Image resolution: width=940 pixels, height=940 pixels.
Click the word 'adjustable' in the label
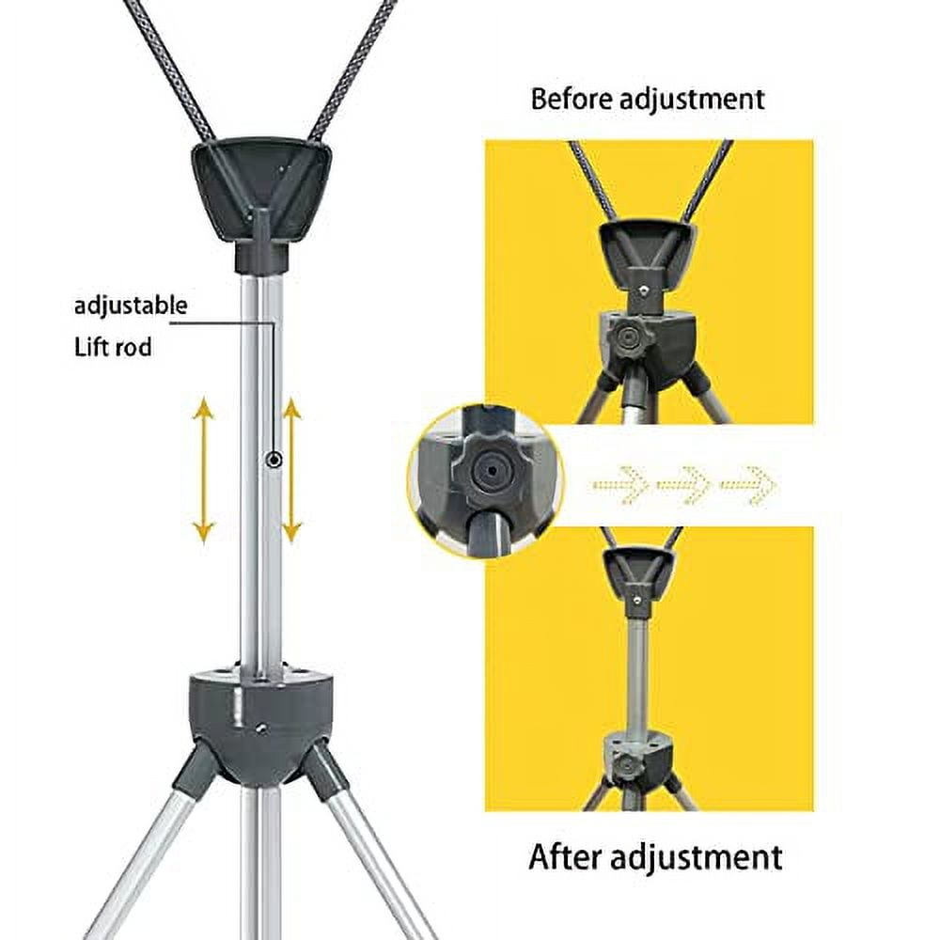click(x=131, y=305)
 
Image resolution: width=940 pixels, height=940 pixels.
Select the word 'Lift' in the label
click(x=93, y=347)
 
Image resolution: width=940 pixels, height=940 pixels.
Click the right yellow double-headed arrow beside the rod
click(x=291, y=471)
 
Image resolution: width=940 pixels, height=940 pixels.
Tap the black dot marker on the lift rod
click(x=274, y=460)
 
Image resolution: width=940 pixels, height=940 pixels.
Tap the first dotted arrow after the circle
click(x=623, y=485)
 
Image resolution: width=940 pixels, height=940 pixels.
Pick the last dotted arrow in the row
click(x=749, y=485)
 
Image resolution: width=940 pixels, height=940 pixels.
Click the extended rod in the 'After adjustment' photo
click(x=636, y=667)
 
